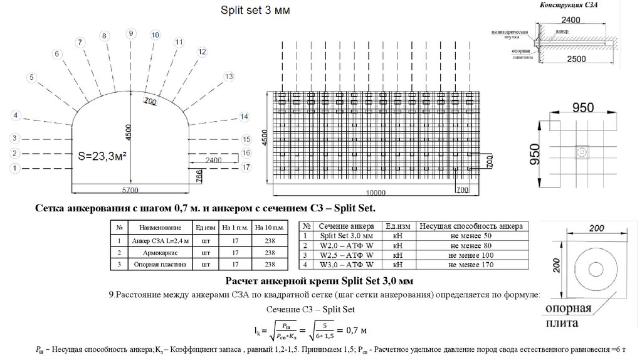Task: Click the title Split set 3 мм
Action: coord(255,10)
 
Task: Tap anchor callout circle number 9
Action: coord(131,33)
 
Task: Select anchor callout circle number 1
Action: coord(16,167)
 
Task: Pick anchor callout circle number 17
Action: coord(246,167)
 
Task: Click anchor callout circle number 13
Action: coord(228,77)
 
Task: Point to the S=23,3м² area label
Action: coord(102,155)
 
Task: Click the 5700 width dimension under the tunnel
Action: coord(130,188)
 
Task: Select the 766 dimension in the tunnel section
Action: coord(199,176)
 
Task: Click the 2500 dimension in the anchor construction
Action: coord(576,59)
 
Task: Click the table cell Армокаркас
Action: coord(159,252)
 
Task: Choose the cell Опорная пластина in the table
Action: coord(159,265)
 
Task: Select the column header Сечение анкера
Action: coord(346,226)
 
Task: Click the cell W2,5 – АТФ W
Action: coord(346,255)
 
